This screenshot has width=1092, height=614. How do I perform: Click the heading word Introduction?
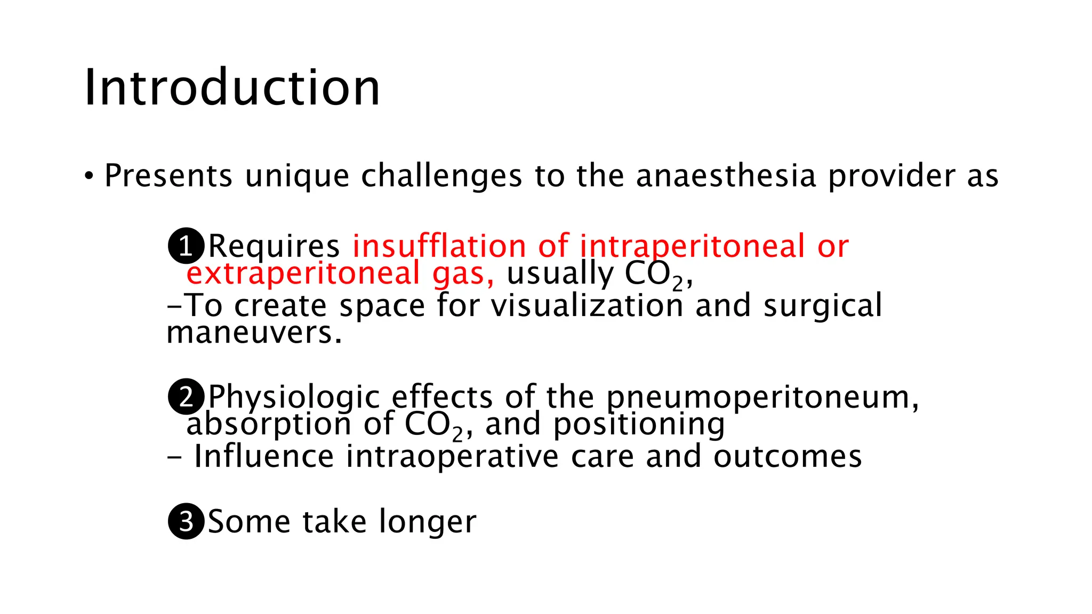(x=232, y=88)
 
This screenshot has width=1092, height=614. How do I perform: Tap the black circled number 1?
(x=186, y=246)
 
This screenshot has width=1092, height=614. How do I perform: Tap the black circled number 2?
(x=186, y=397)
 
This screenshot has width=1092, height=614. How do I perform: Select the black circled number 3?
(x=186, y=521)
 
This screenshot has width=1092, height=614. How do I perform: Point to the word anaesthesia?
(x=726, y=176)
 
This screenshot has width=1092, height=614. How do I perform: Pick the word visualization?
(x=587, y=306)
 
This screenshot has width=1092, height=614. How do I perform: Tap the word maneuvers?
(x=253, y=333)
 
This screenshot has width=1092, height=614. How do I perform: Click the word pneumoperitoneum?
(x=762, y=398)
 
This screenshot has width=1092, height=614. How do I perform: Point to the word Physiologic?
(x=294, y=398)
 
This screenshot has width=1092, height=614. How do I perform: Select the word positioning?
(x=639, y=425)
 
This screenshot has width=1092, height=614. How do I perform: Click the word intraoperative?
(x=452, y=457)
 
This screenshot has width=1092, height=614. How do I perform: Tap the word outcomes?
(x=788, y=457)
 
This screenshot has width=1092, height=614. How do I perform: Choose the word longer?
(x=428, y=522)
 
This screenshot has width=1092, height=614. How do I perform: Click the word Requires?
(x=274, y=246)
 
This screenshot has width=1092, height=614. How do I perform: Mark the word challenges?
(x=441, y=176)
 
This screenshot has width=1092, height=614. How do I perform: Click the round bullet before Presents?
(x=89, y=176)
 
